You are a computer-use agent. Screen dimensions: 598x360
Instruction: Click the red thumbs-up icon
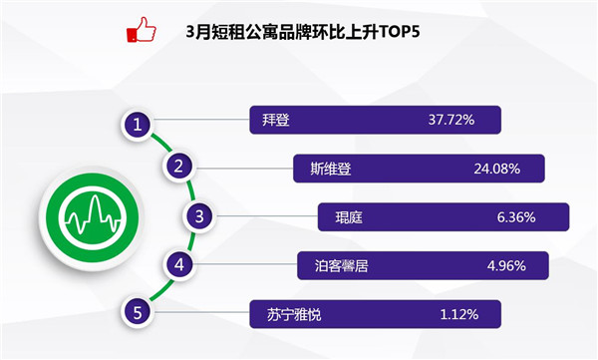tap(142, 29)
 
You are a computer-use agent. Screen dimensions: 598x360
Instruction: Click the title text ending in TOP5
tap(303, 32)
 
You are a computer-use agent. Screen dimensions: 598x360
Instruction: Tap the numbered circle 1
tap(137, 125)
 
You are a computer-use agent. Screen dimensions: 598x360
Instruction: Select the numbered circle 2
tap(178, 167)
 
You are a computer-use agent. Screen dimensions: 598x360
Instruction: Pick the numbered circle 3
tap(199, 216)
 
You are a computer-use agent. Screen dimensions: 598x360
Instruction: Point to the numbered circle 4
tap(179, 264)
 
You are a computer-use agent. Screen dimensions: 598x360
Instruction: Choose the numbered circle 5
tap(138, 313)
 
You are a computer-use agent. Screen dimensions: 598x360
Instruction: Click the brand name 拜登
tap(276, 120)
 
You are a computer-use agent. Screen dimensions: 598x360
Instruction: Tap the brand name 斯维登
tap(331, 169)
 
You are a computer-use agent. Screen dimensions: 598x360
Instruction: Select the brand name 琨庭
tap(349, 217)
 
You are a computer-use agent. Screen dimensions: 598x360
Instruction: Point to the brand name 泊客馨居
tap(341, 265)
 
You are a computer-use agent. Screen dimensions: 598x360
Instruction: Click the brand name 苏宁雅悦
tap(294, 314)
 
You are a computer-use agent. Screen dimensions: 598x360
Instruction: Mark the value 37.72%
tap(451, 120)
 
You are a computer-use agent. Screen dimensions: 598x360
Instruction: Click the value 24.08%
tap(497, 169)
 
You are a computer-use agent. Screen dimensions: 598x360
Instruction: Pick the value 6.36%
tap(516, 217)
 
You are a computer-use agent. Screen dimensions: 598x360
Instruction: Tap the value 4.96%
tap(506, 265)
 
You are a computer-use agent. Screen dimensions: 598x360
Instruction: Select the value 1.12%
tap(459, 314)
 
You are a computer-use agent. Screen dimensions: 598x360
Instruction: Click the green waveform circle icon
tap(92, 218)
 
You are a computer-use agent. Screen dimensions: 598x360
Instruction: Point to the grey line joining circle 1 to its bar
tap(201, 120)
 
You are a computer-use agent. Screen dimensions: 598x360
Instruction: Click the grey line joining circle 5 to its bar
tap(201, 313)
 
